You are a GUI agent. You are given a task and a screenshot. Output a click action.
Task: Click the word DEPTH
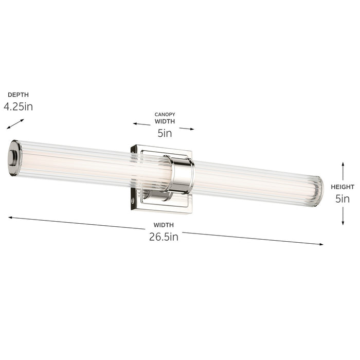point(18,95)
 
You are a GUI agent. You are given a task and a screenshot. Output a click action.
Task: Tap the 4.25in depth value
point(18,107)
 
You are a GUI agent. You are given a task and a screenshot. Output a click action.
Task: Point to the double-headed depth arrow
point(15,124)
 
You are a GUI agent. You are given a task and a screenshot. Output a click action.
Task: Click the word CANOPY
point(165,114)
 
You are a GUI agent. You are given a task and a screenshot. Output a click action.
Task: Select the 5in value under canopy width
point(165,134)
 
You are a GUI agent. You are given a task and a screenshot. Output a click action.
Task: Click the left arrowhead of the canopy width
point(135,124)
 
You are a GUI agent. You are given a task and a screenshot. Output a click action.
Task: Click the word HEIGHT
point(343,187)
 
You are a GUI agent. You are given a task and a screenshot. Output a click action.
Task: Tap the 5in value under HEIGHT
point(343,199)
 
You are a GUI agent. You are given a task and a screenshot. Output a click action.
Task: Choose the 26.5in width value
point(163,237)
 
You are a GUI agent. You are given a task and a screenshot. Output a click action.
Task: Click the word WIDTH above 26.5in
point(164,225)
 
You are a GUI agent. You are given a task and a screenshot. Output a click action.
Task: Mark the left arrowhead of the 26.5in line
point(10,218)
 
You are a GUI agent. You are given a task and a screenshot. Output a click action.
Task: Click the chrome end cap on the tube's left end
point(14,158)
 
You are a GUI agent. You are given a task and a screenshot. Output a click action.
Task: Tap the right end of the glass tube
point(318,191)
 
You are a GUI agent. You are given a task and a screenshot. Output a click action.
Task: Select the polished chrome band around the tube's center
point(182,175)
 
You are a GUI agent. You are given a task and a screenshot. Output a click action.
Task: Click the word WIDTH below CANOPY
point(165,122)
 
